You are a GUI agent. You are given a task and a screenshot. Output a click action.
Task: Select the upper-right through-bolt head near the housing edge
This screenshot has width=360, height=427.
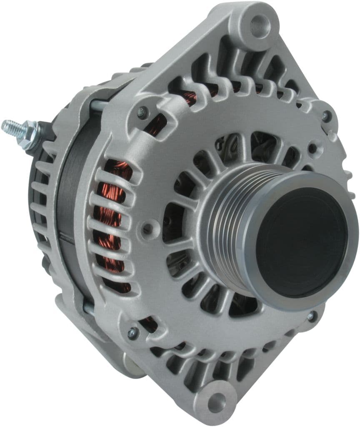(325, 116)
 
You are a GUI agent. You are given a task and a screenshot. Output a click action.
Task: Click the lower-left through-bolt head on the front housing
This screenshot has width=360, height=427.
(132, 332)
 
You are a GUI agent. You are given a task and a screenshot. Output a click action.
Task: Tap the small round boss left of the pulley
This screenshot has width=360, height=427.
(147, 228)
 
